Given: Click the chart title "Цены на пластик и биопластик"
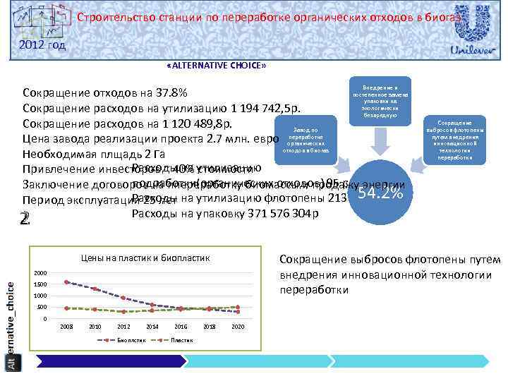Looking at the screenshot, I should pos(145,258).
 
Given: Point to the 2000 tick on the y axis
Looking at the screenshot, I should pos(40,273).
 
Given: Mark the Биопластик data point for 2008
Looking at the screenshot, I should pos(66,282).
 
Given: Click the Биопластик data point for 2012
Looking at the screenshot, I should pos(123,298).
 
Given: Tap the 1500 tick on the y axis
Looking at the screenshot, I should pos(40,284).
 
